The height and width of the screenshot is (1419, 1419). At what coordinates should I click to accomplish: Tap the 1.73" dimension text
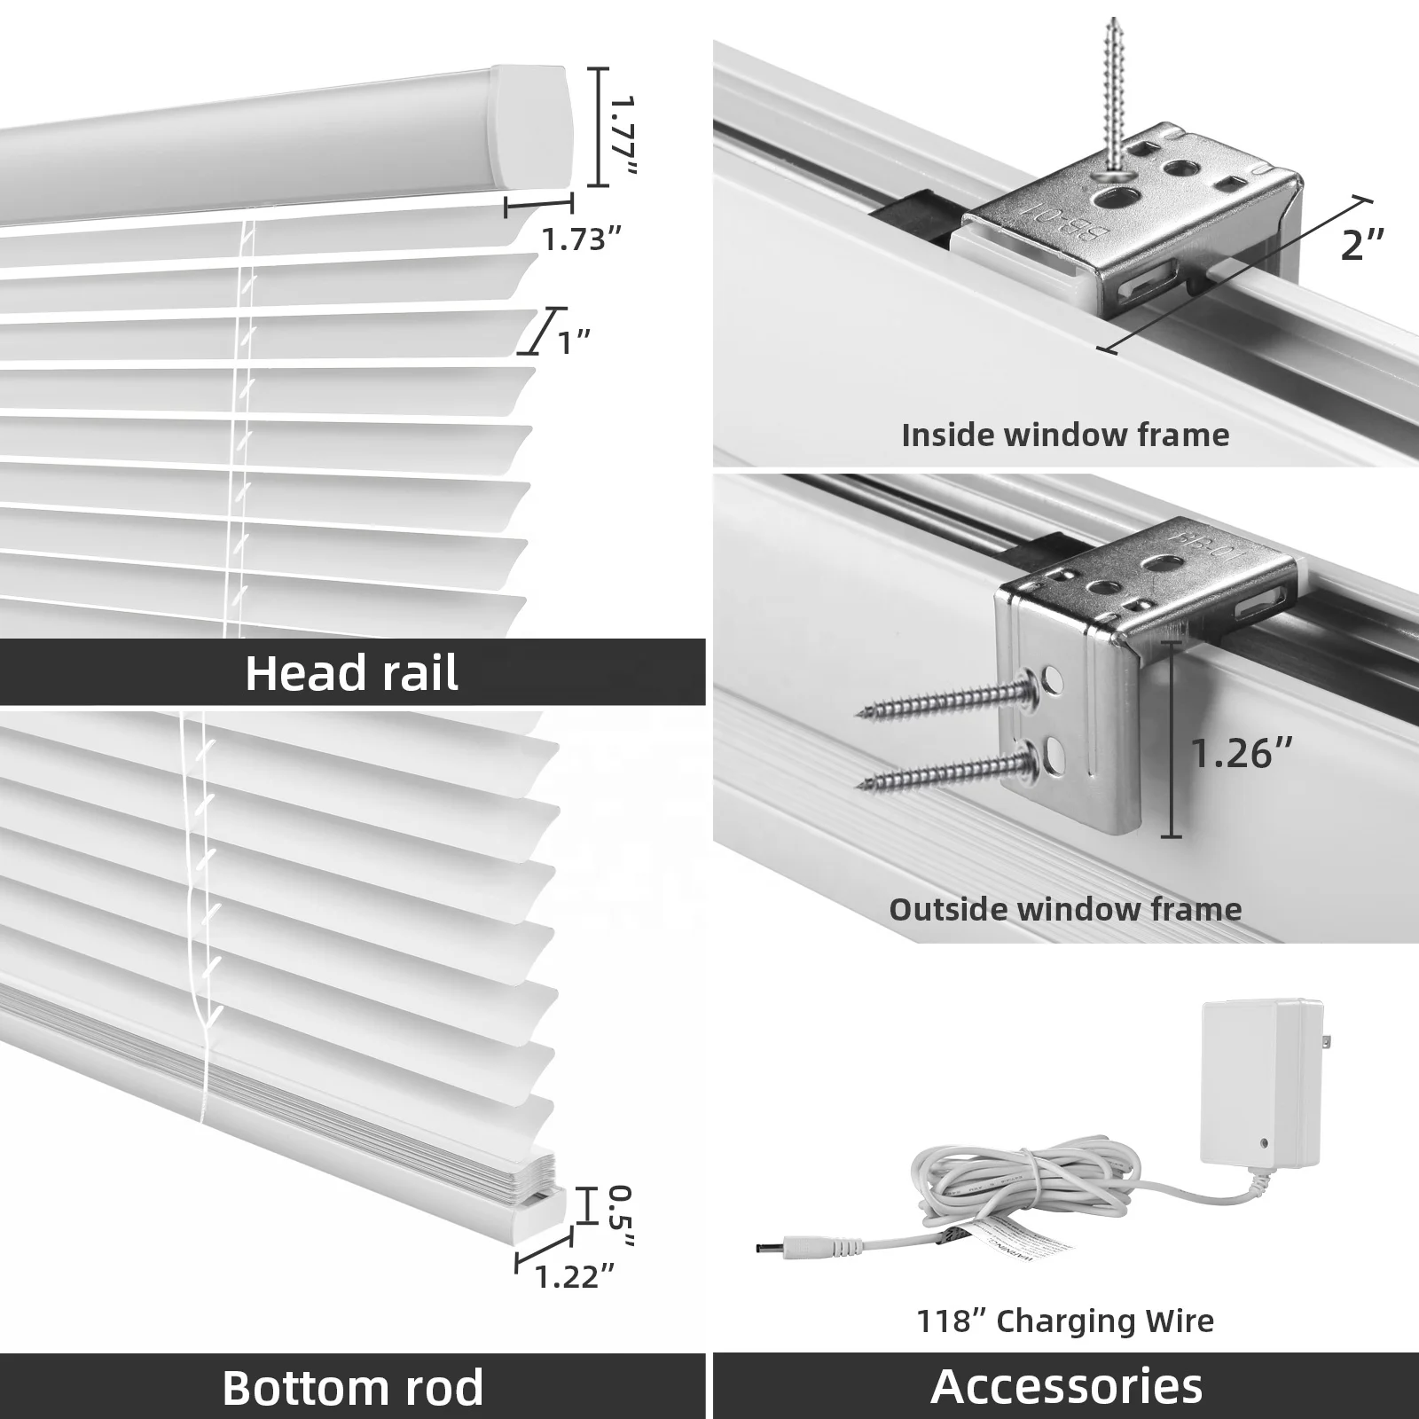[x=581, y=239]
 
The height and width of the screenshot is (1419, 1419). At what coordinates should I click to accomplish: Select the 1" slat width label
[x=574, y=341]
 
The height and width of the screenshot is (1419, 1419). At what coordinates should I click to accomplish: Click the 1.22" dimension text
[x=574, y=1276]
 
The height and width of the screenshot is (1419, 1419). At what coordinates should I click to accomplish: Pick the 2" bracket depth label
[x=1361, y=245]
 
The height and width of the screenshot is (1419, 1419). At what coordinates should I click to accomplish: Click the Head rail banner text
[x=351, y=673]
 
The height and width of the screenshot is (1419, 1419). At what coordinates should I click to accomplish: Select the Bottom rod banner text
[x=352, y=1386]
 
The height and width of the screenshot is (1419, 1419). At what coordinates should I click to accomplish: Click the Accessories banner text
[x=1066, y=1385]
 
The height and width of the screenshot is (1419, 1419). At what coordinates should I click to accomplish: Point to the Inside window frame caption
[x=1065, y=435]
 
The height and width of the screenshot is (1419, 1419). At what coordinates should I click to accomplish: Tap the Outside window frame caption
[x=1065, y=909]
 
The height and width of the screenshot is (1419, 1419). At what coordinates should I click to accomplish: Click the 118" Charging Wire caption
[x=1065, y=1321]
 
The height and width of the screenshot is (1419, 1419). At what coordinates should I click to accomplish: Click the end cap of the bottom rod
[x=542, y=1214]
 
